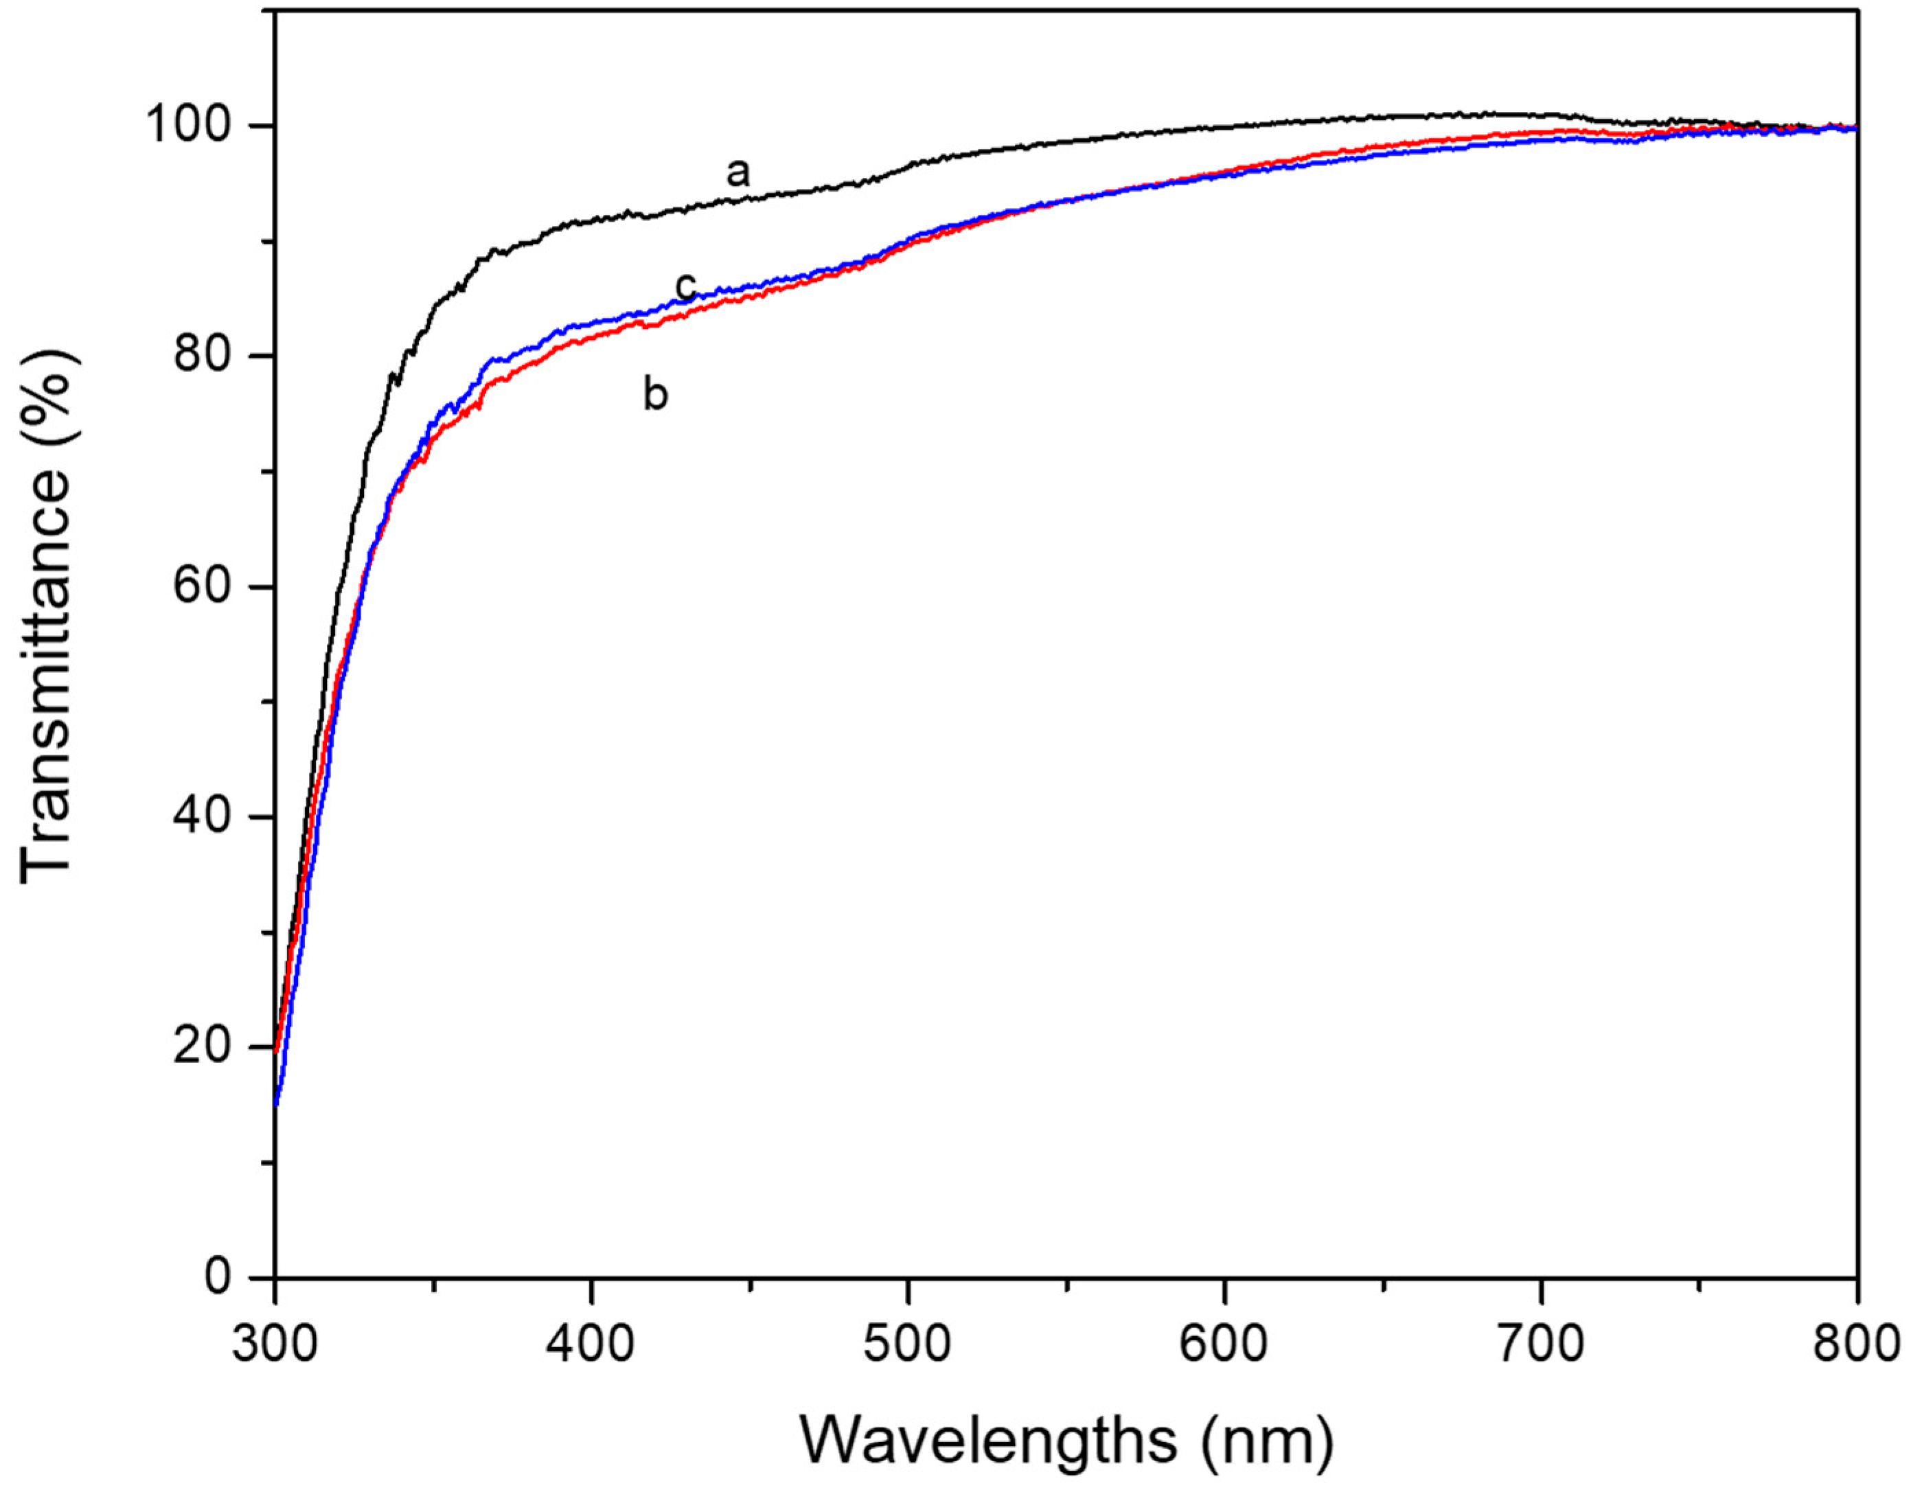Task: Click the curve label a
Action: click(x=737, y=173)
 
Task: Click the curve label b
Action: click(x=655, y=395)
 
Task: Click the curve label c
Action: click(x=686, y=286)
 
